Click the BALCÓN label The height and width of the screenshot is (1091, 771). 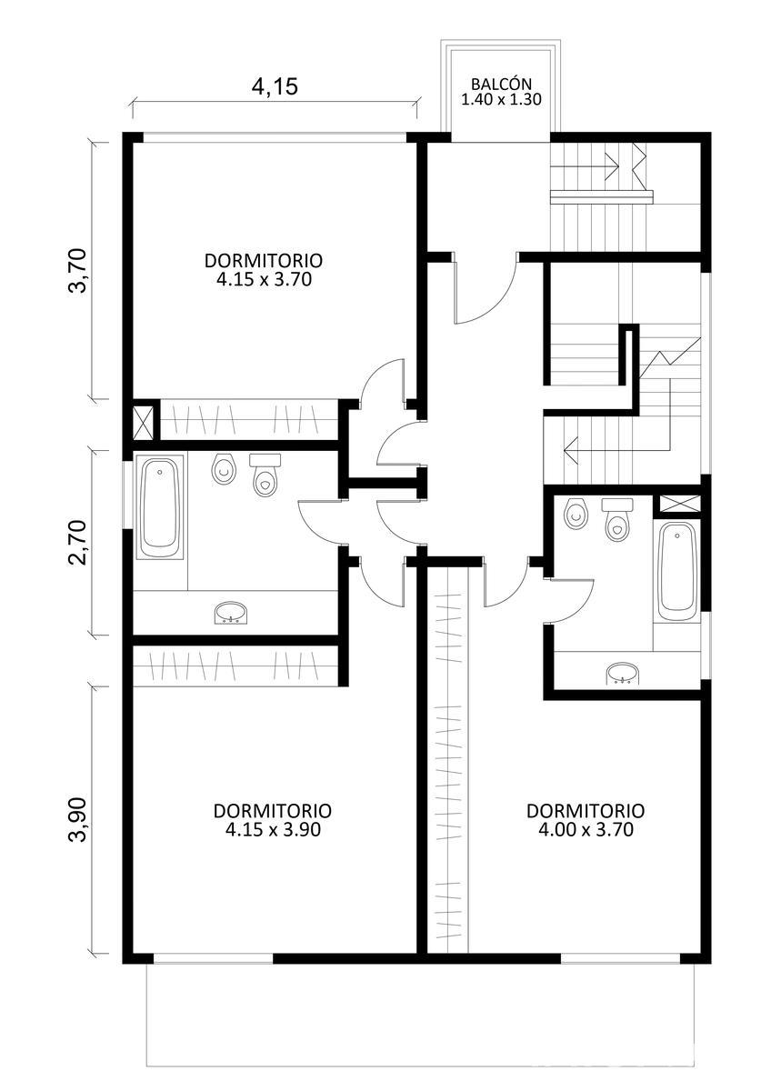coord(501,84)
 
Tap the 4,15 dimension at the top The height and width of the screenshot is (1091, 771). coord(275,86)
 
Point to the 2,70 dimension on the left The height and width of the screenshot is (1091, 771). coord(78,543)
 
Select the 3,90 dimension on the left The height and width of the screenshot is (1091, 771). coord(78,819)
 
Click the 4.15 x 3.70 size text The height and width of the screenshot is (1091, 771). coord(264,280)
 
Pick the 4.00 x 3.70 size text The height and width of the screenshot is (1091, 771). coord(586,829)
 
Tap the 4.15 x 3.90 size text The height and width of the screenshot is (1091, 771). coord(273,829)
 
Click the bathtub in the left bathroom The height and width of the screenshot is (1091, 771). coord(160,507)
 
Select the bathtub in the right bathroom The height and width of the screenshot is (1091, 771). coord(677,572)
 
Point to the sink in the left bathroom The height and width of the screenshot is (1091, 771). coord(231,613)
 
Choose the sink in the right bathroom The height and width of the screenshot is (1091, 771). coord(622,674)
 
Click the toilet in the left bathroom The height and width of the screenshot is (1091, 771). coord(265,475)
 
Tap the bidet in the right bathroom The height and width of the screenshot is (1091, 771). coord(576,513)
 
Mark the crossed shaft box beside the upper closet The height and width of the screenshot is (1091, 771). coord(142,420)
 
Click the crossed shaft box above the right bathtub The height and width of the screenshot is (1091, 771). coord(680,503)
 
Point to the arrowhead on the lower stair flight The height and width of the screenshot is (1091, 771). coord(571,448)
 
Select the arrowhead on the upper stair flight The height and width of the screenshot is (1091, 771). coord(612,166)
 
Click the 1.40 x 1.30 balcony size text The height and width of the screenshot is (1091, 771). coord(501,99)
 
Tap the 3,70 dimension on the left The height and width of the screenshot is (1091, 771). coord(78,270)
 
